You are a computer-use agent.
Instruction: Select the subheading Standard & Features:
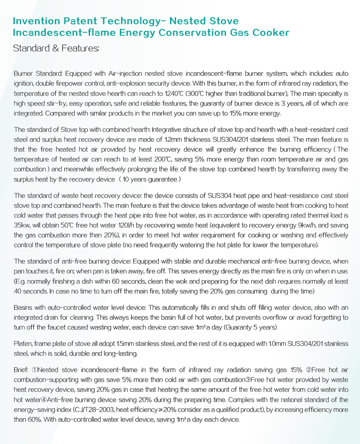(x=56, y=48)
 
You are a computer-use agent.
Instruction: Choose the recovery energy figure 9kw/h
(x=301, y=225)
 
